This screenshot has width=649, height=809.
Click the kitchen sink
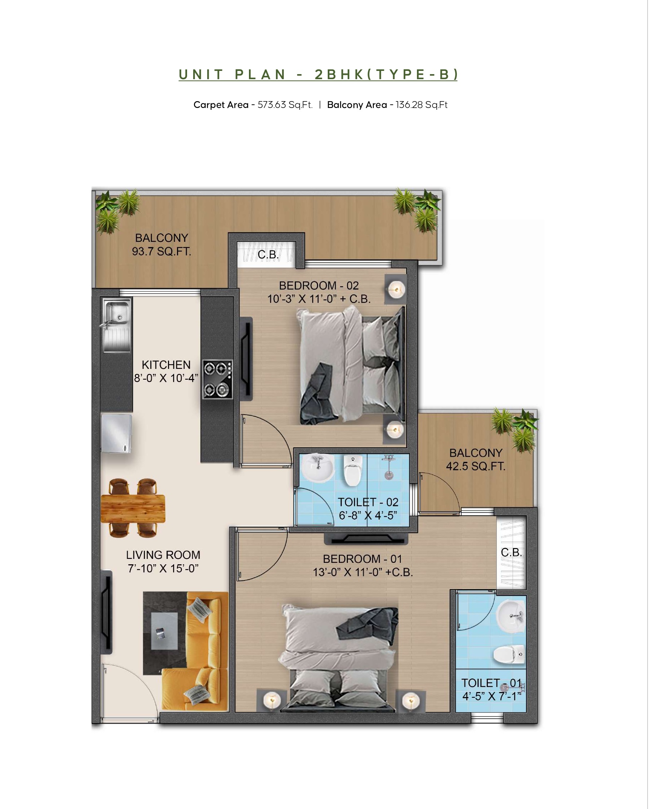pyautogui.click(x=117, y=325)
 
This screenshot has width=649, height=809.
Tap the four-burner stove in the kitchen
pyautogui.click(x=218, y=379)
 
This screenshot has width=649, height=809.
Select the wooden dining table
pyautogui.click(x=133, y=509)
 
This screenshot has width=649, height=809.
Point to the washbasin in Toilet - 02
pyautogui.click(x=317, y=467)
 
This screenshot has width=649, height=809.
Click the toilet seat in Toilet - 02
pyautogui.click(x=352, y=471)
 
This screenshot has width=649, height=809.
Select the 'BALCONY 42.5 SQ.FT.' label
pyautogui.click(x=476, y=460)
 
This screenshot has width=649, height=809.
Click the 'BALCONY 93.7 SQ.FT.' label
pyautogui.click(x=161, y=245)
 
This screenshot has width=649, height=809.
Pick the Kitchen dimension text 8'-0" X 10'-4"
pyautogui.click(x=166, y=378)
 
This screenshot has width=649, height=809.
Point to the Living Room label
pyautogui.click(x=163, y=555)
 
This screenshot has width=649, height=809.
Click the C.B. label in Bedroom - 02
pyautogui.click(x=268, y=254)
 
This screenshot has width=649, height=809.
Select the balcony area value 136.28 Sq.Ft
pyautogui.click(x=422, y=105)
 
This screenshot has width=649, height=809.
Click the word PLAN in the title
pyautogui.click(x=260, y=74)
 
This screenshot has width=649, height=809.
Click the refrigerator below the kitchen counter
pyautogui.click(x=116, y=433)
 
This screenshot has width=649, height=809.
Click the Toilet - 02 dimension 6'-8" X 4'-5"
pyautogui.click(x=368, y=516)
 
